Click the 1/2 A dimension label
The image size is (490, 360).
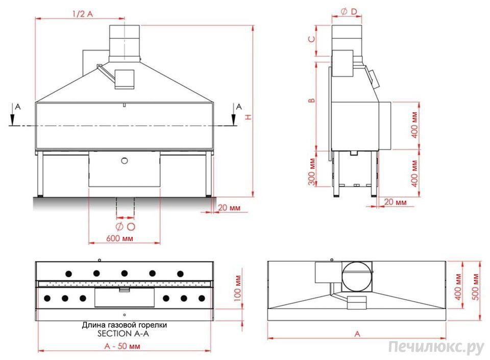82,14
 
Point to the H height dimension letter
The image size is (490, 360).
248,117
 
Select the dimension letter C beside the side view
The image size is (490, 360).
311,39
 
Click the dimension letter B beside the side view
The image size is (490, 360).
311,100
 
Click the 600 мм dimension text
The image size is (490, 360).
120,238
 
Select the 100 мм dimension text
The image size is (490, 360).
238,289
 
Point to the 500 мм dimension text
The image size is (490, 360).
477,286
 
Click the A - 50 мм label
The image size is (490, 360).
122,346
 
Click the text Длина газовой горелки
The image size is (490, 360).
124,325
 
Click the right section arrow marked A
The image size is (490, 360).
234,115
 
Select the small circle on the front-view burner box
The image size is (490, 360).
124,161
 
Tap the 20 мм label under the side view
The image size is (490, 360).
395,202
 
